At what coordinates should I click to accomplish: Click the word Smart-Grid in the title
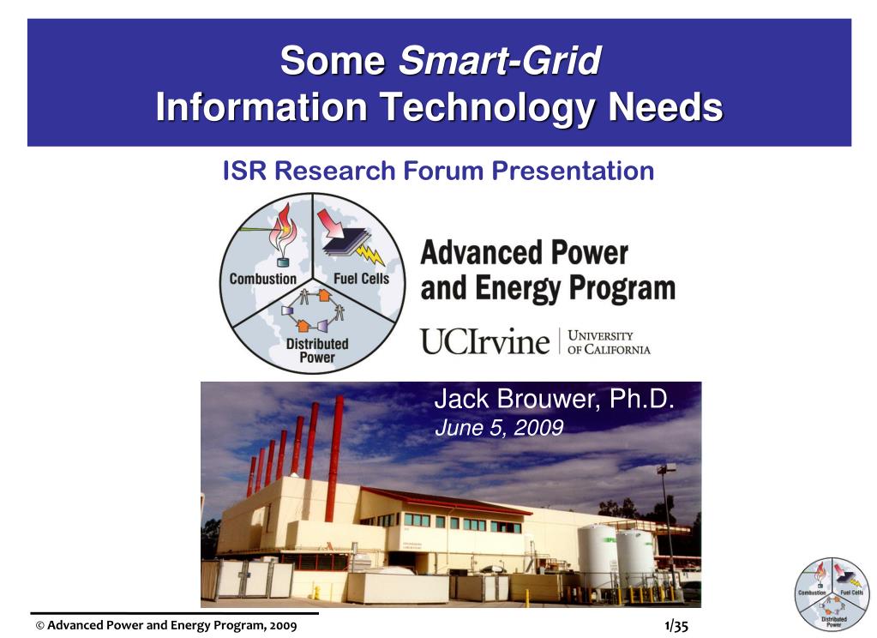pyautogui.click(x=500, y=62)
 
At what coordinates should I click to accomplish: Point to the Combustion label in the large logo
pyautogui.click(x=263, y=278)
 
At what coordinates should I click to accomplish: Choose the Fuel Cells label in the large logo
pyautogui.click(x=361, y=278)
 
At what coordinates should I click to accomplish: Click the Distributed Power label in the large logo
pyautogui.click(x=316, y=350)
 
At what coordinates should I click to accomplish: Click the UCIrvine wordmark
pyautogui.click(x=484, y=341)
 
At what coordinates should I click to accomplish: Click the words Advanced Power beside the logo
pyautogui.click(x=524, y=253)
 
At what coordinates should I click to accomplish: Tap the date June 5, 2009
pyautogui.click(x=499, y=428)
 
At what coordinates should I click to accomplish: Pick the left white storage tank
pyautogui.click(x=597, y=556)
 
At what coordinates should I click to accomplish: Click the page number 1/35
pyautogui.click(x=676, y=626)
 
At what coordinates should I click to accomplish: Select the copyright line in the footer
pyautogui.click(x=166, y=626)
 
